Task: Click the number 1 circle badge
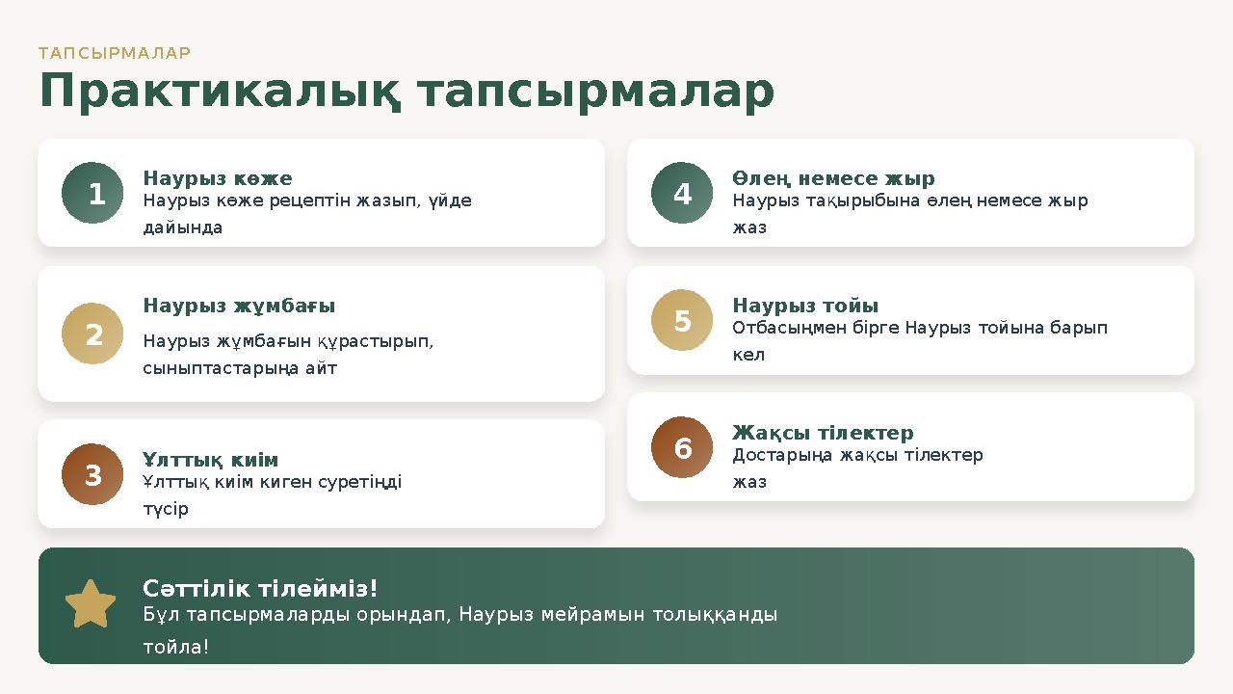pyautogui.click(x=92, y=193)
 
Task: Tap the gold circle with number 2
pyautogui.click(x=92, y=334)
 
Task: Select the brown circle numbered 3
pyautogui.click(x=92, y=474)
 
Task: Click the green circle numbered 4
pyautogui.click(x=682, y=193)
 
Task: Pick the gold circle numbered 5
pyautogui.click(x=682, y=320)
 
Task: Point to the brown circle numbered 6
pyautogui.click(x=682, y=447)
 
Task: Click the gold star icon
pyautogui.click(x=91, y=604)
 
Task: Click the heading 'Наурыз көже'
pyautogui.click(x=218, y=178)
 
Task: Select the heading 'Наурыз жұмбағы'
pyautogui.click(x=239, y=306)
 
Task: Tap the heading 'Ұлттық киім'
pyautogui.click(x=210, y=460)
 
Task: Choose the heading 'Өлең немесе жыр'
pyautogui.click(x=833, y=178)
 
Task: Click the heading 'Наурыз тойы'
pyautogui.click(x=805, y=306)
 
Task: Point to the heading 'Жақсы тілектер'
pyautogui.click(x=823, y=433)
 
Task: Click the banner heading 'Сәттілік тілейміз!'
pyautogui.click(x=260, y=588)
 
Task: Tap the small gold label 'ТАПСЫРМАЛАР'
pyautogui.click(x=115, y=53)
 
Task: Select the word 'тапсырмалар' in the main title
pyautogui.click(x=596, y=93)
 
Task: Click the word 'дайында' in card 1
pyautogui.click(x=183, y=227)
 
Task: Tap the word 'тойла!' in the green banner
pyautogui.click(x=175, y=647)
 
